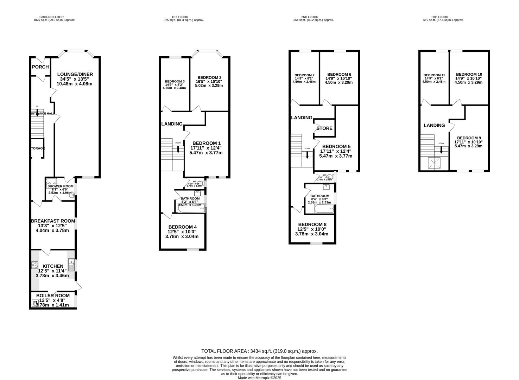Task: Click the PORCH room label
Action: coord(40,67)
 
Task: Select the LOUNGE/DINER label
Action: coord(75,74)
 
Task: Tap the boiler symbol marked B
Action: coord(35,303)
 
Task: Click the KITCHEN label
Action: coord(53,266)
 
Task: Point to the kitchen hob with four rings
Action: coord(34,265)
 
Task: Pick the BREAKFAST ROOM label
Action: coord(53,221)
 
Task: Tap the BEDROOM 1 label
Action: coord(206,143)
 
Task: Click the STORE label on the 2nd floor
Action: coord(324,128)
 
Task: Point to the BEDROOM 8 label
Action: coord(312,224)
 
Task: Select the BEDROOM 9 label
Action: coord(468,138)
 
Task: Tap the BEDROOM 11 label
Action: coord(434,75)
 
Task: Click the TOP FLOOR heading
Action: coord(439,17)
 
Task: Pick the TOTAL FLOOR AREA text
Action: coord(259,351)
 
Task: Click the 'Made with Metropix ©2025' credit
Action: coord(259,378)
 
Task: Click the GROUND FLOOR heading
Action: coord(51,17)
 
